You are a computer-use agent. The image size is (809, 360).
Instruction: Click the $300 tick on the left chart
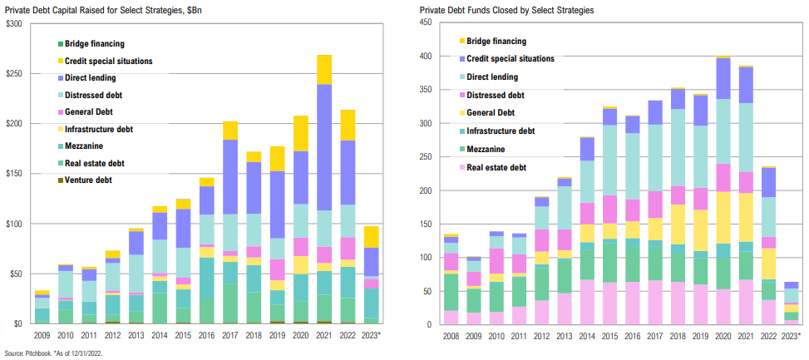coord(14,23)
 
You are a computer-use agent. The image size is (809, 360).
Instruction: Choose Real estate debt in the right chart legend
coord(497,167)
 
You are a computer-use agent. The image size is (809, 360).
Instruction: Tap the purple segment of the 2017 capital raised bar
coord(230,176)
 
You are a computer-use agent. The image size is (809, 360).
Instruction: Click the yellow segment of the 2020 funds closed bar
coord(723,217)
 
